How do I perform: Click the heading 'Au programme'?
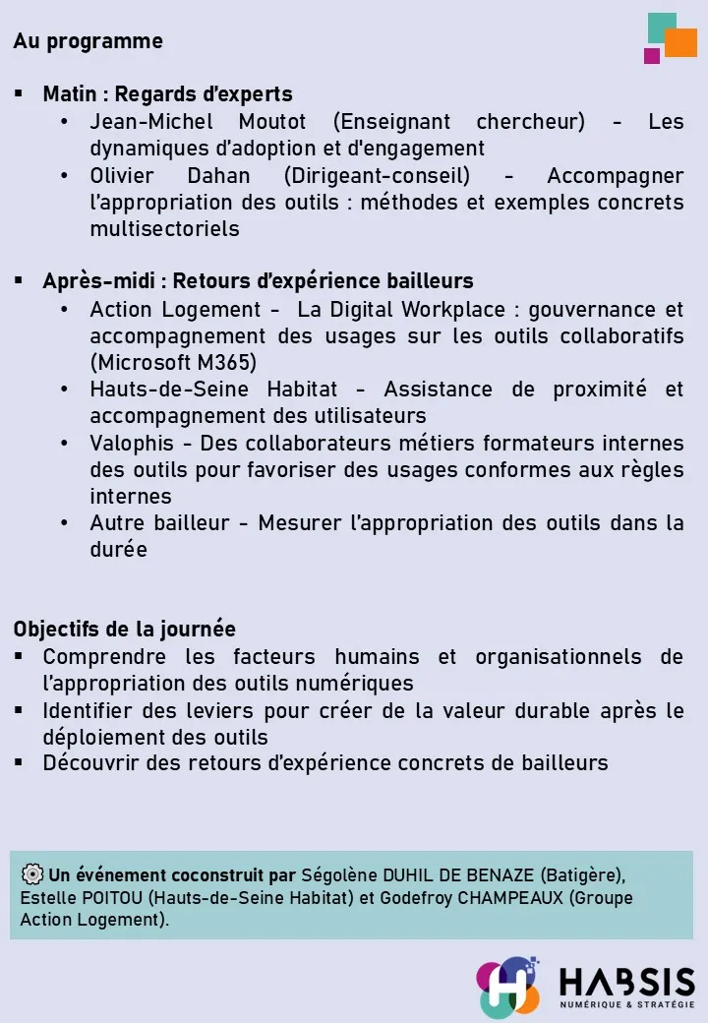click(x=88, y=41)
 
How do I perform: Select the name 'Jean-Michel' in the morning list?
click(x=148, y=122)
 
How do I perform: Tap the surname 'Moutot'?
click(x=272, y=122)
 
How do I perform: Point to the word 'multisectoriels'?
click(x=164, y=229)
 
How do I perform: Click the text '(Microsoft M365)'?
click(x=173, y=362)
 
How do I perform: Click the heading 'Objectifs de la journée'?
click(x=125, y=629)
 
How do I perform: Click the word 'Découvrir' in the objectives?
click(x=89, y=762)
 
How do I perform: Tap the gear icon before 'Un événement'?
click(x=31, y=874)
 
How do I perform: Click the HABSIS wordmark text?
click(x=626, y=981)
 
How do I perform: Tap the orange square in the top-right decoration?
click(x=680, y=43)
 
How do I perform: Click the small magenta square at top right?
click(x=652, y=56)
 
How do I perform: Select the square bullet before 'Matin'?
click(x=19, y=94)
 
